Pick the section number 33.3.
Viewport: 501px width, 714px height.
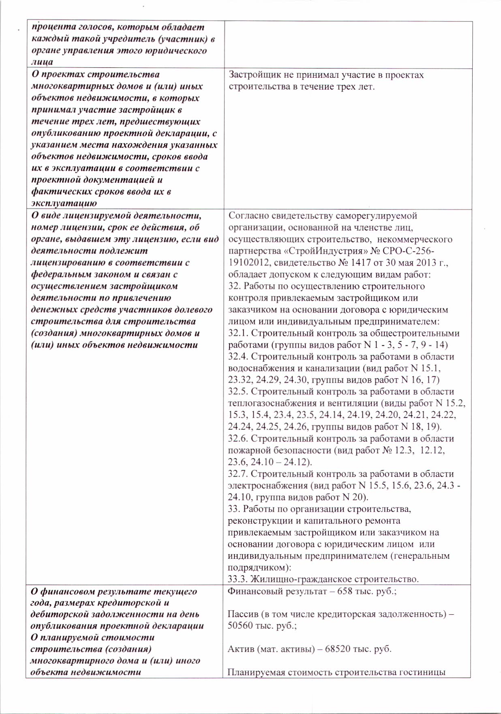tap(238, 579)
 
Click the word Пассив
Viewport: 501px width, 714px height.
tap(242, 614)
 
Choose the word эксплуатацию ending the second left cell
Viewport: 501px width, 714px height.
tap(64, 203)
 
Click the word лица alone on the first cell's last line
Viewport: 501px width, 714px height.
tap(42, 62)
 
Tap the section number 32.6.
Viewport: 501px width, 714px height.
tap(238, 439)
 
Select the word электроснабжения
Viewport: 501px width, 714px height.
tap(268, 485)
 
